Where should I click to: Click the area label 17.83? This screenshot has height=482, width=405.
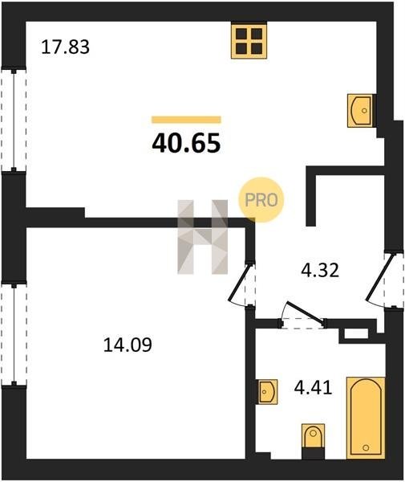[x=65, y=47]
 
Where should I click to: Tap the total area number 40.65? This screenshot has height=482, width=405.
[x=186, y=143]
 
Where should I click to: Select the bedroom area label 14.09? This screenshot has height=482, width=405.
[x=128, y=345]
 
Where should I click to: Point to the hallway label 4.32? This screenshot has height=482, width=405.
[x=320, y=271]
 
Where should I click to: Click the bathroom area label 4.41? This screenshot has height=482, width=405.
[x=313, y=387]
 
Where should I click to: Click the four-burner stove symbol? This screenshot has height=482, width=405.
[x=249, y=41]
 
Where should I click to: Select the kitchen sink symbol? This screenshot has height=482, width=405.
[x=361, y=111]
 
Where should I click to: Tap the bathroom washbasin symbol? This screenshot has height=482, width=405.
[x=268, y=392]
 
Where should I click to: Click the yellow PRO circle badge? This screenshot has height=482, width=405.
[x=261, y=200]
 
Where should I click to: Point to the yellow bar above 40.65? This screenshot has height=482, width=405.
[x=186, y=120]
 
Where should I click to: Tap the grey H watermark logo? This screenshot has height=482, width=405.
[x=202, y=237]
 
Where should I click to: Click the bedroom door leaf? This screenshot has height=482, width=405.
[x=241, y=282]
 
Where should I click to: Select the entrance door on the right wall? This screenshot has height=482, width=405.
[x=380, y=276]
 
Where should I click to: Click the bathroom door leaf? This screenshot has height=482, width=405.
[x=305, y=312]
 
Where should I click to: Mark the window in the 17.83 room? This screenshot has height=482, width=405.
[x=14, y=120]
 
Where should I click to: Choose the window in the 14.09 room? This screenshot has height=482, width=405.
[x=14, y=334]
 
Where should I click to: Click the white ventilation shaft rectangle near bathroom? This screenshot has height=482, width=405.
[x=356, y=333]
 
